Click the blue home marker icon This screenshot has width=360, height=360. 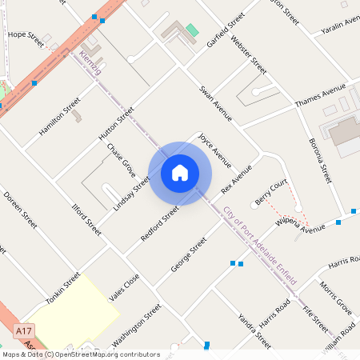[180, 173]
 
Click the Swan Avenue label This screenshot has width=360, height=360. [215, 102]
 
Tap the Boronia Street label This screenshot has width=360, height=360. [319, 160]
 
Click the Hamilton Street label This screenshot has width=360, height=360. [59, 117]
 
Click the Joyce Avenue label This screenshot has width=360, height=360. [214, 150]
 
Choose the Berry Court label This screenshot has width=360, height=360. [271, 192]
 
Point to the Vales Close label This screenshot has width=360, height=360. [124, 286]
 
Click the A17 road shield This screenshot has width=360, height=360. [24, 330]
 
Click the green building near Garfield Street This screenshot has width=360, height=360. [192, 30]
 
